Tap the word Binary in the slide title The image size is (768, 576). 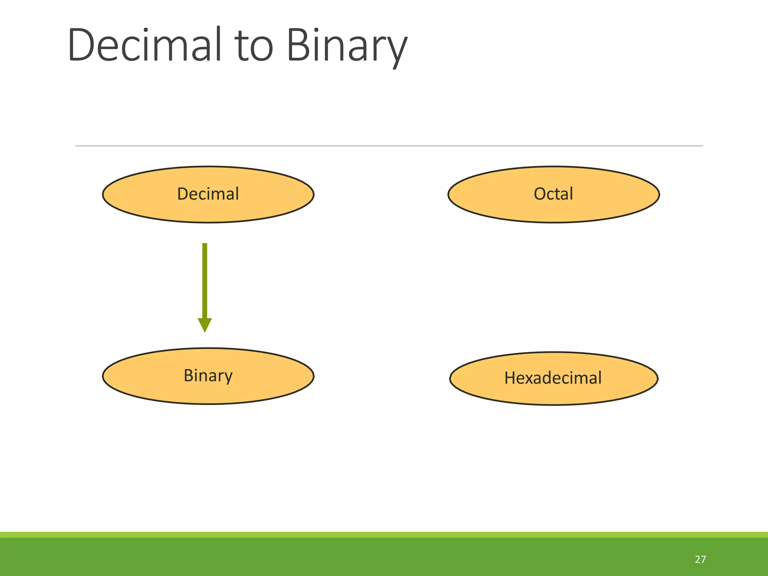click(x=347, y=46)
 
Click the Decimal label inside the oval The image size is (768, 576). click(x=208, y=194)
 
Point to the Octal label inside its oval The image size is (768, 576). click(x=553, y=194)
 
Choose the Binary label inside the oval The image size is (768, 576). click(x=208, y=375)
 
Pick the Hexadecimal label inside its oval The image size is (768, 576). click(x=553, y=378)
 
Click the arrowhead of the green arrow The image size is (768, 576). click(x=205, y=324)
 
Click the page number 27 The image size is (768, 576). click(x=700, y=559)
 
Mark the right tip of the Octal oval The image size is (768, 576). click(x=658, y=195)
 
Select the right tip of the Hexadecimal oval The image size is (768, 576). click(x=657, y=378)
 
